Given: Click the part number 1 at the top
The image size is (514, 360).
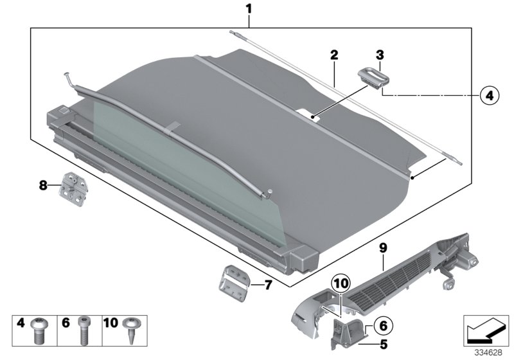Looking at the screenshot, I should pos(249,10).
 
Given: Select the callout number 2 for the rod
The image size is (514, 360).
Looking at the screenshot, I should pos(333,56).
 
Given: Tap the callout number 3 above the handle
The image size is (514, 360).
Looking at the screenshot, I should pos(380,56).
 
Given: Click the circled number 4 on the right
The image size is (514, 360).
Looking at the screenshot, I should pos(488,96).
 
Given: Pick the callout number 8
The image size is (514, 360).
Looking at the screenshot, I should pos(44,186).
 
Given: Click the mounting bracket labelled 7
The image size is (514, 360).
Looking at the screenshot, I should pos(235,280).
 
